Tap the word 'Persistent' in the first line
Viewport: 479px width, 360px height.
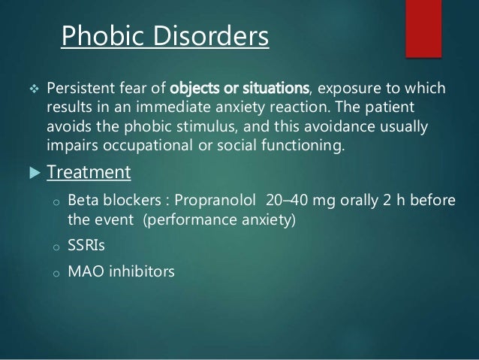[80, 90]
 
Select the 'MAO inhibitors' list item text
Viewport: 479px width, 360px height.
[121, 272]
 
